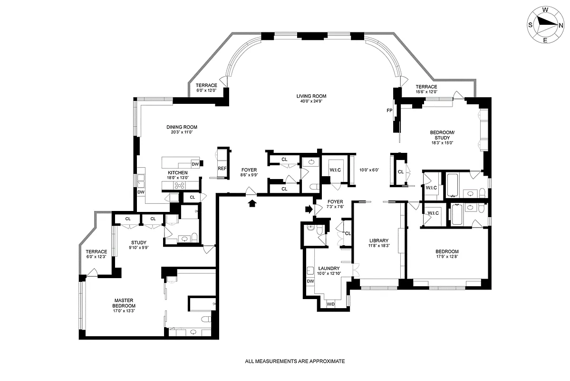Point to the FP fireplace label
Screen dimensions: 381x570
(389, 110)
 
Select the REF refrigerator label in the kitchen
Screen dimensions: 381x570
(222, 168)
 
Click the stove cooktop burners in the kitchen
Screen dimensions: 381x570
(181, 186)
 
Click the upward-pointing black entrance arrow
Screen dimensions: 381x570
(252, 203)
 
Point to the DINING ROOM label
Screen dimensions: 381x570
(182, 127)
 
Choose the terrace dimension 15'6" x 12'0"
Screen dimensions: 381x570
(426, 92)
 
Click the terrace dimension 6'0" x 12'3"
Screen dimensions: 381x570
(96, 257)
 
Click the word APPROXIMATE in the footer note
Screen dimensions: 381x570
(326, 361)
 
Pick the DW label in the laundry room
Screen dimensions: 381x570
(310, 281)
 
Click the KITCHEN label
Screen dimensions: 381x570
(177, 172)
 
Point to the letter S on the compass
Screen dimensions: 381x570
(530, 26)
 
